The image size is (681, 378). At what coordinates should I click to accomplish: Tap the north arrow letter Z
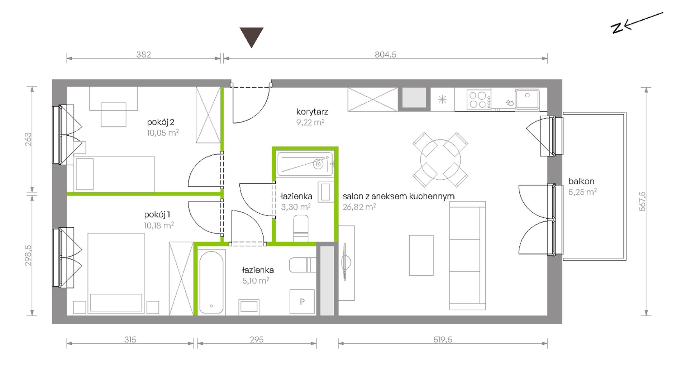(x=617, y=28)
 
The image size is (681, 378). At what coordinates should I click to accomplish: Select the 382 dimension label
(x=143, y=54)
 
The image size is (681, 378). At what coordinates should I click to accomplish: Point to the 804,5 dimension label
(x=385, y=54)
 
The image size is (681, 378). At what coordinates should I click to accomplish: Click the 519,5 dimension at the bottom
(x=443, y=339)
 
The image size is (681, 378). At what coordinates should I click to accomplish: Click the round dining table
(x=440, y=160)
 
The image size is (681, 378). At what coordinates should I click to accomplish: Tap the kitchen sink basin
(x=527, y=98)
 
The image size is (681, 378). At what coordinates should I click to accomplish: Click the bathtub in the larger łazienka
(x=211, y=282)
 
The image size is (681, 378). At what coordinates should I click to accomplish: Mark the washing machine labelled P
(x=302, y=301)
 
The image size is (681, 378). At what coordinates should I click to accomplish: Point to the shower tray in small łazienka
(x=305, y=164)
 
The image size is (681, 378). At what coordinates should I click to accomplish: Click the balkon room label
(x=581, y=181)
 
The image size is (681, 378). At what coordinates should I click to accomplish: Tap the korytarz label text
(x=312, y=112)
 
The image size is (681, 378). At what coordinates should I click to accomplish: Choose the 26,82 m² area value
(x=359, y=207)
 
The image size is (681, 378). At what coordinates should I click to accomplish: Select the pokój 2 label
(x=161, y=122)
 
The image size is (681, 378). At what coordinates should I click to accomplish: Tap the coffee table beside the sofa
(x=421, y=255)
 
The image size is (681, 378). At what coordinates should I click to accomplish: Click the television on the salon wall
(x=346, y=261)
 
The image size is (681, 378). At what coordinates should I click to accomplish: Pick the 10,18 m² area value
(x=159, y=226)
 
